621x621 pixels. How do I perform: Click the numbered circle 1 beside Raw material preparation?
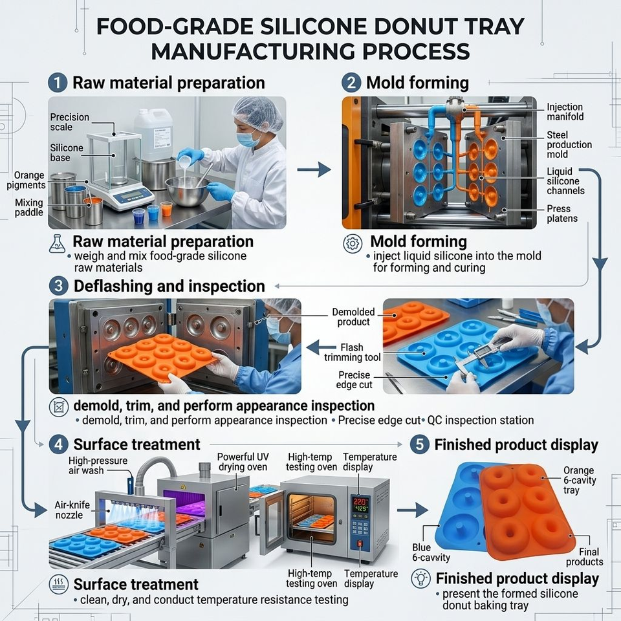click(x=58, y=83)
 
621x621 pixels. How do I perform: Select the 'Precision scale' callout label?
click(x=70, y=122)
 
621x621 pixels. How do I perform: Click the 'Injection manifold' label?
click(x=565, y=112)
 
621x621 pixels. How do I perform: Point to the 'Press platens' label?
click(x=562, y=213)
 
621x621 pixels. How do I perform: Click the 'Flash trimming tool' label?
click(x=352, y=352)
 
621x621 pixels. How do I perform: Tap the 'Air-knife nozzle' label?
click(x=72, y=510)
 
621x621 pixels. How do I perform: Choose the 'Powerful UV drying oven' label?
click(x=243, y=462)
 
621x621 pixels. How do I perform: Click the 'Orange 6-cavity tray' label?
click(x=580, y=480)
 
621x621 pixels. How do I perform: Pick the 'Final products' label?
click(x=584, y=556)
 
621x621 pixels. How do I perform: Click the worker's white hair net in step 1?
click(x=258, y=113)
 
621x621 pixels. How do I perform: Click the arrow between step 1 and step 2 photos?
click(x=314, y=170)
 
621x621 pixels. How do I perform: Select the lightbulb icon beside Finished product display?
click(x=420, y=578)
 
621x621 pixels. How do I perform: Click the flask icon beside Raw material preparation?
click(x=58, y=244)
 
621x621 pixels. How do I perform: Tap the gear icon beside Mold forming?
click(x=352, y=243)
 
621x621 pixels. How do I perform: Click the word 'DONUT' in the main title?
click(x=414, y=27)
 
